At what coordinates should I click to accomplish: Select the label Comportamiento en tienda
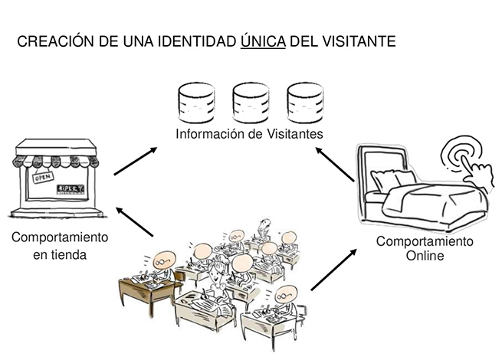click(x=59, y=245)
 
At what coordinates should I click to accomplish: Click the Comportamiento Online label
click(x=424, y=249)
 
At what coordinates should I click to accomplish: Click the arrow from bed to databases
click(x=336, y=165)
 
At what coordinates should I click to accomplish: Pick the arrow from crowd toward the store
click(x=135, y=222)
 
